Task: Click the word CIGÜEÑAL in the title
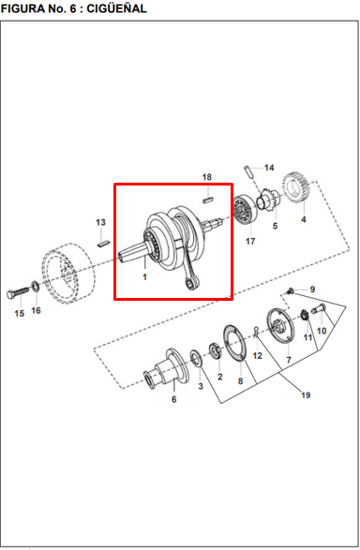click(x=116, y=8)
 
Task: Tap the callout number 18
click(x=207, y=177)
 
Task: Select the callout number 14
click(x=269, y=168)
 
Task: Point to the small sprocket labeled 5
click(x=269, y=201)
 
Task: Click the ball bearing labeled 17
click(x=246, y=211)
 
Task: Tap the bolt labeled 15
click(x=18, y=292)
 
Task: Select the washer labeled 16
click(x=36, y=287)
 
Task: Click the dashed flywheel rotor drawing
click(x=67, y=273)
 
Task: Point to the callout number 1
click(x=144, y=277)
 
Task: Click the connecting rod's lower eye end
click(x=190, y=283)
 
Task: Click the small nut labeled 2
click(x=215, y=350)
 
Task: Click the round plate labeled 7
click(x=279, y=327)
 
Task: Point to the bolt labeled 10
click(x=318, y=309)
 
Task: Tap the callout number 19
click(x=306, y=395)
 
